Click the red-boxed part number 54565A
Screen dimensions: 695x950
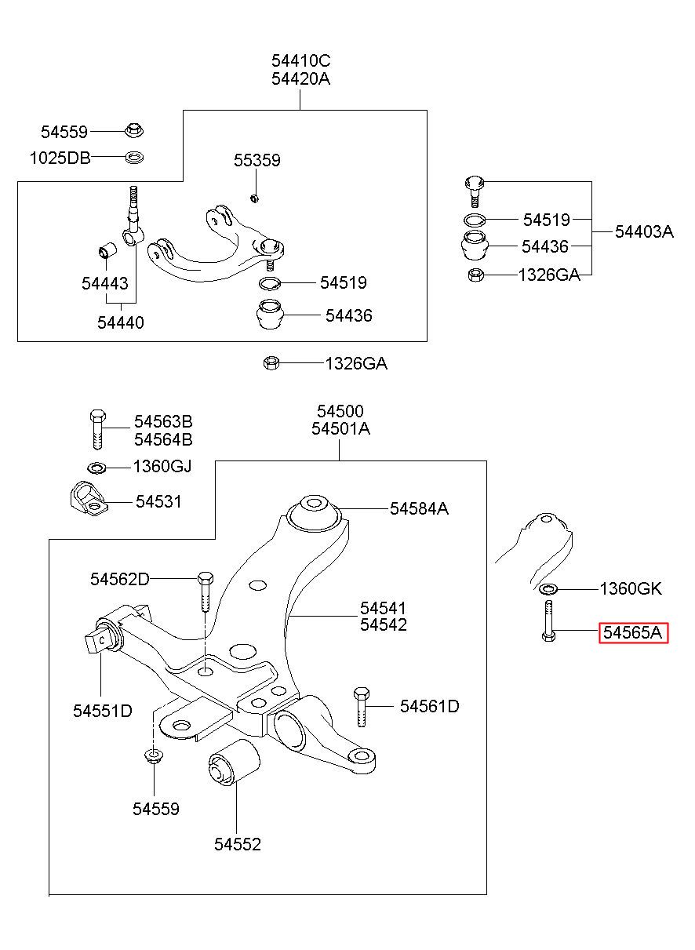pos(633,633)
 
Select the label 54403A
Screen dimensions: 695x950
pos(644,232)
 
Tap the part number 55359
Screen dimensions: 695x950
pos(257,160)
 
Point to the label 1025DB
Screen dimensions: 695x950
pos(60,158)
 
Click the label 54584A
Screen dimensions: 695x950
pos(419,508)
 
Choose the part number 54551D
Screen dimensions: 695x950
pos(103,711)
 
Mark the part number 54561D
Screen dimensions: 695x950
pos(430,706)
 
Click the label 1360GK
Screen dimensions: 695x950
pos(631,588)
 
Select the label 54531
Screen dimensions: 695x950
pos(158,502)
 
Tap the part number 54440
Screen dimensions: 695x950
pos(121,322)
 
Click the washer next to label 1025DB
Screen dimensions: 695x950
pos(134,158)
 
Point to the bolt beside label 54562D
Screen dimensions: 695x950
pos(206,591)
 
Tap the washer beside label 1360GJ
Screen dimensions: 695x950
pos(96,468)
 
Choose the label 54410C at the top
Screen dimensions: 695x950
pos(300,61)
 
